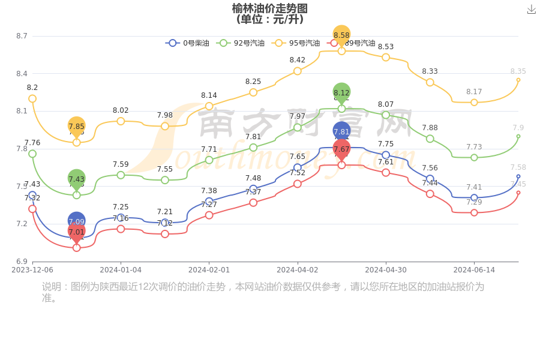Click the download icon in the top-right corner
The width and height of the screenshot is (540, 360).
click(x=531, y=10)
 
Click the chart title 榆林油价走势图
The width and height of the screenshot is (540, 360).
click(x=270, y=8)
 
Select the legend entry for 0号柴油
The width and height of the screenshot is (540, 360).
click(x=188, y=43)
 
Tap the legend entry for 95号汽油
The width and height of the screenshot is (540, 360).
click(x=296, y=43)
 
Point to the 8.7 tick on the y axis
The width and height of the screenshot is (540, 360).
click(x=22, y=36)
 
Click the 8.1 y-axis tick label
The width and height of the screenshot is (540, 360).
click(x=22, y=111)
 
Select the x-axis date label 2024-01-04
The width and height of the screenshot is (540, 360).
click(x=121, y=270)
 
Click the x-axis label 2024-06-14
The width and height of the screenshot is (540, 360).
click(x=474, y=270)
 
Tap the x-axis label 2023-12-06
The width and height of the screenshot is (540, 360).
click(x=32, y=270)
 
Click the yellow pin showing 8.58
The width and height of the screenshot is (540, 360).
click(x=341, y=35)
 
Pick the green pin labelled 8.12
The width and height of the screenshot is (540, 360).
click(x=341, y=92)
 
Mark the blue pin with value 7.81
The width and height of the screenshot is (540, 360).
click(x=341, y=131)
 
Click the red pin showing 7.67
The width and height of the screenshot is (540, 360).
click(x=341, y=149)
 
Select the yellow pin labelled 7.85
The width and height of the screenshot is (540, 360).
click(x=77, y=126)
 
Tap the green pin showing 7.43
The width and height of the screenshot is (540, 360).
click(x=77, y=179)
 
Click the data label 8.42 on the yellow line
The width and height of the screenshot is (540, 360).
click(x=298, y=60)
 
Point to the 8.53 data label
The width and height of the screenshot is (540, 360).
click(x=386, y=47)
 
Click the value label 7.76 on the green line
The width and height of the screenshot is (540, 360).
click(x=32, y=143)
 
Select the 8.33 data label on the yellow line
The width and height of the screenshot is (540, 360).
click(x=430, y=71)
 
